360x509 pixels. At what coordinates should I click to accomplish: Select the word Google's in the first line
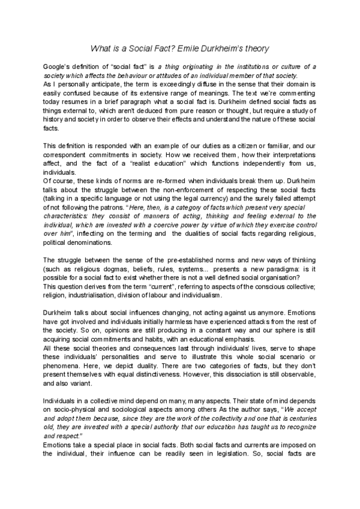point(58,65)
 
